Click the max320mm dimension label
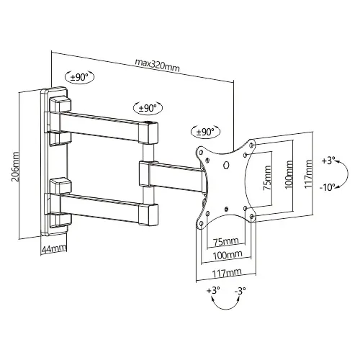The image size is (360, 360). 157,65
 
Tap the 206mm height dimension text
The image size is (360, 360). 17,166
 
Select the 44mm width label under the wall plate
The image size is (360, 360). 54,248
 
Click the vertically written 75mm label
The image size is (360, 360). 267,178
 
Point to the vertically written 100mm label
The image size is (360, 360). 289,174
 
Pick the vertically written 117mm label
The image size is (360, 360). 309,174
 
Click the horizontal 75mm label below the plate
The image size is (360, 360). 226,241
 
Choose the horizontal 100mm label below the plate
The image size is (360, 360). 228,254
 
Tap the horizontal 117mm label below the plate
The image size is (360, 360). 227,273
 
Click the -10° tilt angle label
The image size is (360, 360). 327,186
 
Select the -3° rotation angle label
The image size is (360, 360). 240,291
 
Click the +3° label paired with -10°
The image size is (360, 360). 328,161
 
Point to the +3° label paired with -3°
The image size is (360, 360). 213,290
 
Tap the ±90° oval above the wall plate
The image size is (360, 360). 79,77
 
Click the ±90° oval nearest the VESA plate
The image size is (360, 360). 205,132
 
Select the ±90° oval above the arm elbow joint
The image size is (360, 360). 148,108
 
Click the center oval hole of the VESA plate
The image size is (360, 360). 226,166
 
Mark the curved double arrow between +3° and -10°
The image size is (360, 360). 347,174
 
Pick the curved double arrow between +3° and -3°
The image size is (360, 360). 225,308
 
